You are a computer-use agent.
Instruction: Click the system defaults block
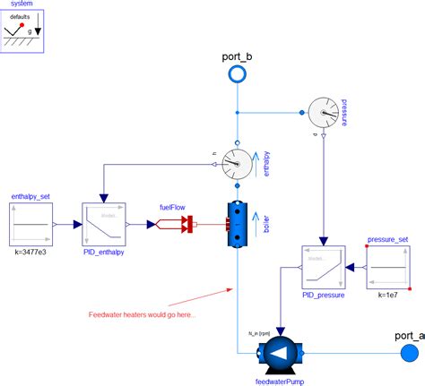(x=24, y=31)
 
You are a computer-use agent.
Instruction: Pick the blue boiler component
(x=237, y=223)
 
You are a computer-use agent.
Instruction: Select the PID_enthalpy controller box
(x=104, y=224)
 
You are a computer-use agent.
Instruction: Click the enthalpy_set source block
(x=32, y=224)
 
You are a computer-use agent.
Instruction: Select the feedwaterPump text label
(x=280, y=380)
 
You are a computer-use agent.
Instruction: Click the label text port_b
(x=237, y=56)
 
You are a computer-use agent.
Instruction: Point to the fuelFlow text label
(x=172, y=206)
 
